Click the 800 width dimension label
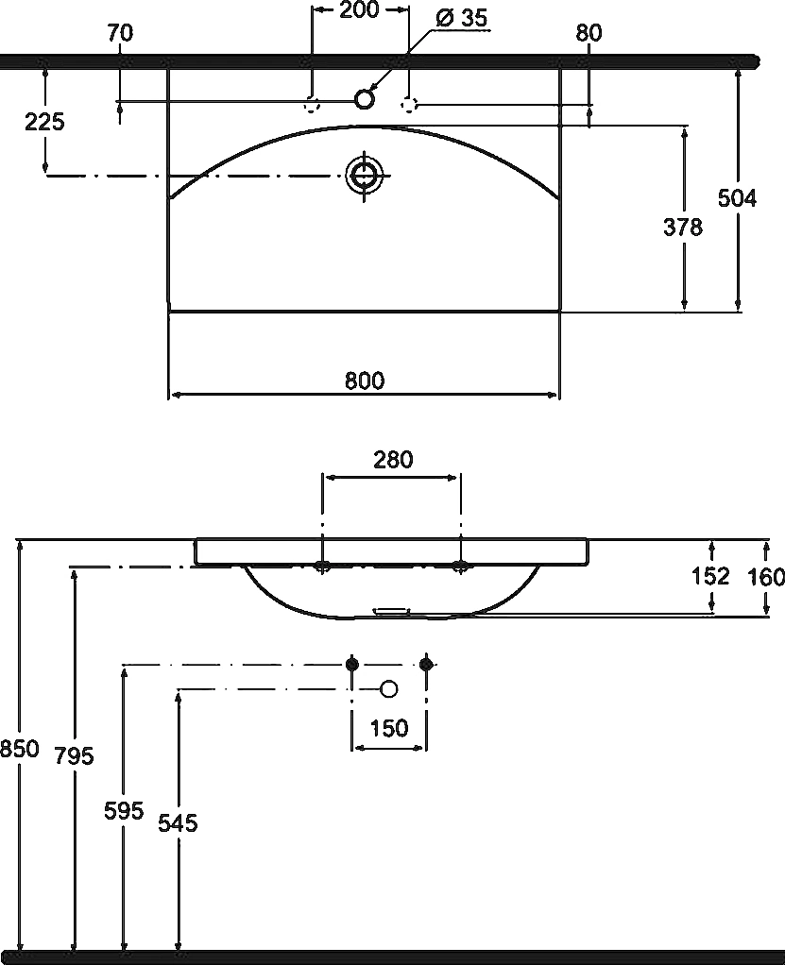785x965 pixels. [365, 381]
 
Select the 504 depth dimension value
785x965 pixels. [737, 198]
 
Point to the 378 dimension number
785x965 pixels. [683, 228]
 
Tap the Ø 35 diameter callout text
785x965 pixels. [461, 18]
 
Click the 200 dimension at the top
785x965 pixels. [360, 9]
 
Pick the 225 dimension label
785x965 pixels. [44, 122]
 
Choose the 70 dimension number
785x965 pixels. [120, 33]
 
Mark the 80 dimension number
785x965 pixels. [589, 33]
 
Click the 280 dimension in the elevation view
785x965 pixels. [393, 459]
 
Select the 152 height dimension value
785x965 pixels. [710, 575]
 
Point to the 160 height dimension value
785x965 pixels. [766, 577]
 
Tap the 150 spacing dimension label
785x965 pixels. [389, 728]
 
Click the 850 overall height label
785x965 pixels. [20, 749]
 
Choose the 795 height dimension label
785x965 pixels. [74, 755]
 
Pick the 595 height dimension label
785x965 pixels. [124, 810]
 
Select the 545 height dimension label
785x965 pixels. [178, 822]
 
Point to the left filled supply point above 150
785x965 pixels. [352, 664]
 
